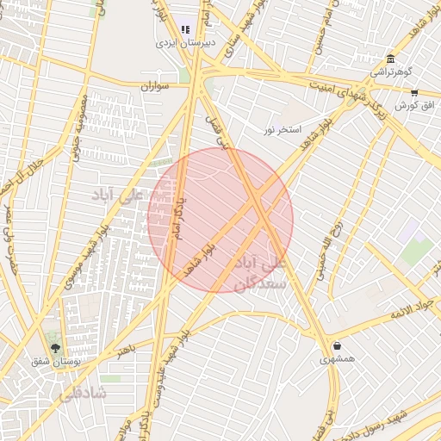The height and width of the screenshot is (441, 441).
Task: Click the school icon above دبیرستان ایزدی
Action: (x=185, y=28)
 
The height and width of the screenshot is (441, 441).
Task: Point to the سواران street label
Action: (x=155, y=86)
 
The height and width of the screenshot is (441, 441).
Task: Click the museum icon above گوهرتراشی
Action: (x=391, y=59)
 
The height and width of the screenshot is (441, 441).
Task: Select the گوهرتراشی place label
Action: (x=391, y=71)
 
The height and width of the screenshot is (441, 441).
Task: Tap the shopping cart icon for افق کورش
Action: (x=414, y=92)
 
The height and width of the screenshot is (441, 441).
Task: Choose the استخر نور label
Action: (x=282, y=129)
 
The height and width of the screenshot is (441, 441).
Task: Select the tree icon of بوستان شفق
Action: (x=56, y=349)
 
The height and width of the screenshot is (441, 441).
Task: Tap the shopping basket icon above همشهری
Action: (x=337, y=346)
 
